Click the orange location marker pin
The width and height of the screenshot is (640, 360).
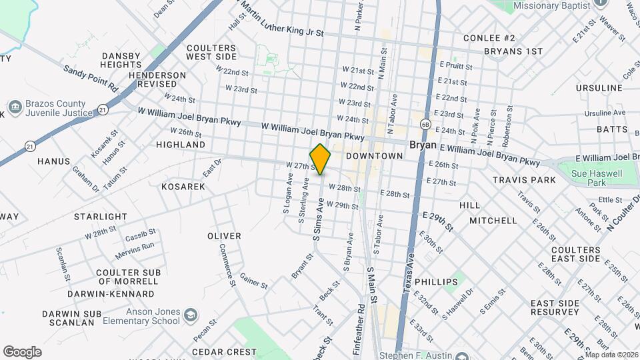321,159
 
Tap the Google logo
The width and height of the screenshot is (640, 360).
22,351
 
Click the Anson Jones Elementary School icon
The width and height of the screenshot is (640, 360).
191,314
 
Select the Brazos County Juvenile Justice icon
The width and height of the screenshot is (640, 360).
14,107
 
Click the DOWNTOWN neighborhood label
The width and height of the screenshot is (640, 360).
374,156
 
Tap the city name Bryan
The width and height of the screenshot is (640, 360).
422,144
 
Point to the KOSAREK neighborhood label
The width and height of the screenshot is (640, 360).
183,187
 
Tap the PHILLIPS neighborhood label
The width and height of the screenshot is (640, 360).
436,281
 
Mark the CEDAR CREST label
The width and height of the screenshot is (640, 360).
225,351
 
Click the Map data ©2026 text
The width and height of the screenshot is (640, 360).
613,355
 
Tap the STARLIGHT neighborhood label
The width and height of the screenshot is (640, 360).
100,217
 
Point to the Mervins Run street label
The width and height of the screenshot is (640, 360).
134,247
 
